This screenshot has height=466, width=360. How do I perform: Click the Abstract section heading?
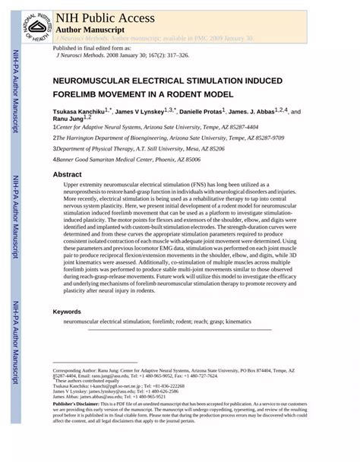(x=67, y=175)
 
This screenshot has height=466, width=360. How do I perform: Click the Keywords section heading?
(x=68, y=312)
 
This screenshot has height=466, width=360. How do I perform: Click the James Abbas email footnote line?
(x=109, y=396)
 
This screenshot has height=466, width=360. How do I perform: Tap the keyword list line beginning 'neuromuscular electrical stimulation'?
(x=157, y=322)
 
